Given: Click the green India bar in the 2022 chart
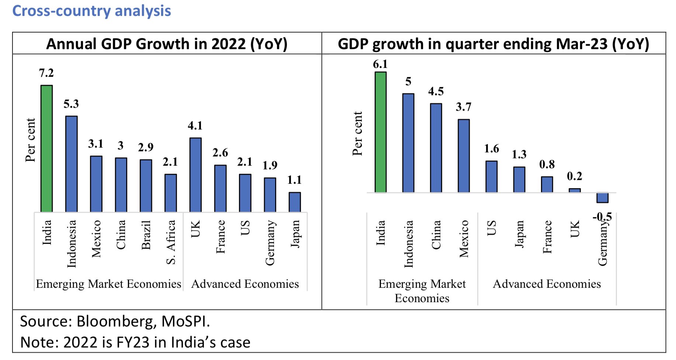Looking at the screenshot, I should point(46,148).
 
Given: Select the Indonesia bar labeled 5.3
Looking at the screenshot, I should point(71,164).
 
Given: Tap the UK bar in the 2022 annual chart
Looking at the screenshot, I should point(195,174).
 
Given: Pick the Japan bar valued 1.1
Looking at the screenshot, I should point(295,202).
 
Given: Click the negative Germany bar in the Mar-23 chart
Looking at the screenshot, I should point(602,198).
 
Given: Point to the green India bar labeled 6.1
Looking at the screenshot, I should point(381,132).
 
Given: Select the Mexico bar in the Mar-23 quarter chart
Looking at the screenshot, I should point(464,156).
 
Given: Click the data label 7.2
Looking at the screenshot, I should point(46,73).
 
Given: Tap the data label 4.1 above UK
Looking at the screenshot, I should point(195,126).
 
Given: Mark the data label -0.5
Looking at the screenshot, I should point(602,217).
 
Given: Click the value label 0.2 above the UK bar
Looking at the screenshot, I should point(575,176).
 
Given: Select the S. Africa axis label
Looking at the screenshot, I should point(171,242).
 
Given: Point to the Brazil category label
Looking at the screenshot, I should point(146,235).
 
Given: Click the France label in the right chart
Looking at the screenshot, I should point(547,236).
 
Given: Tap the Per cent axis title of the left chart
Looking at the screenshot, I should point(30,140).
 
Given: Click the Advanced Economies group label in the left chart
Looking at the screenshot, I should point(245,284).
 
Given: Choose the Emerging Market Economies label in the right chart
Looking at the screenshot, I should point(422,291).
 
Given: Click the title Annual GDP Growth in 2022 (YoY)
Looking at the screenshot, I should point(167,44).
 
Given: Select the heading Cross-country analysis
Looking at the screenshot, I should point(91,11).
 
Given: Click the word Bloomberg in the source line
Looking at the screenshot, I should point(116,321).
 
